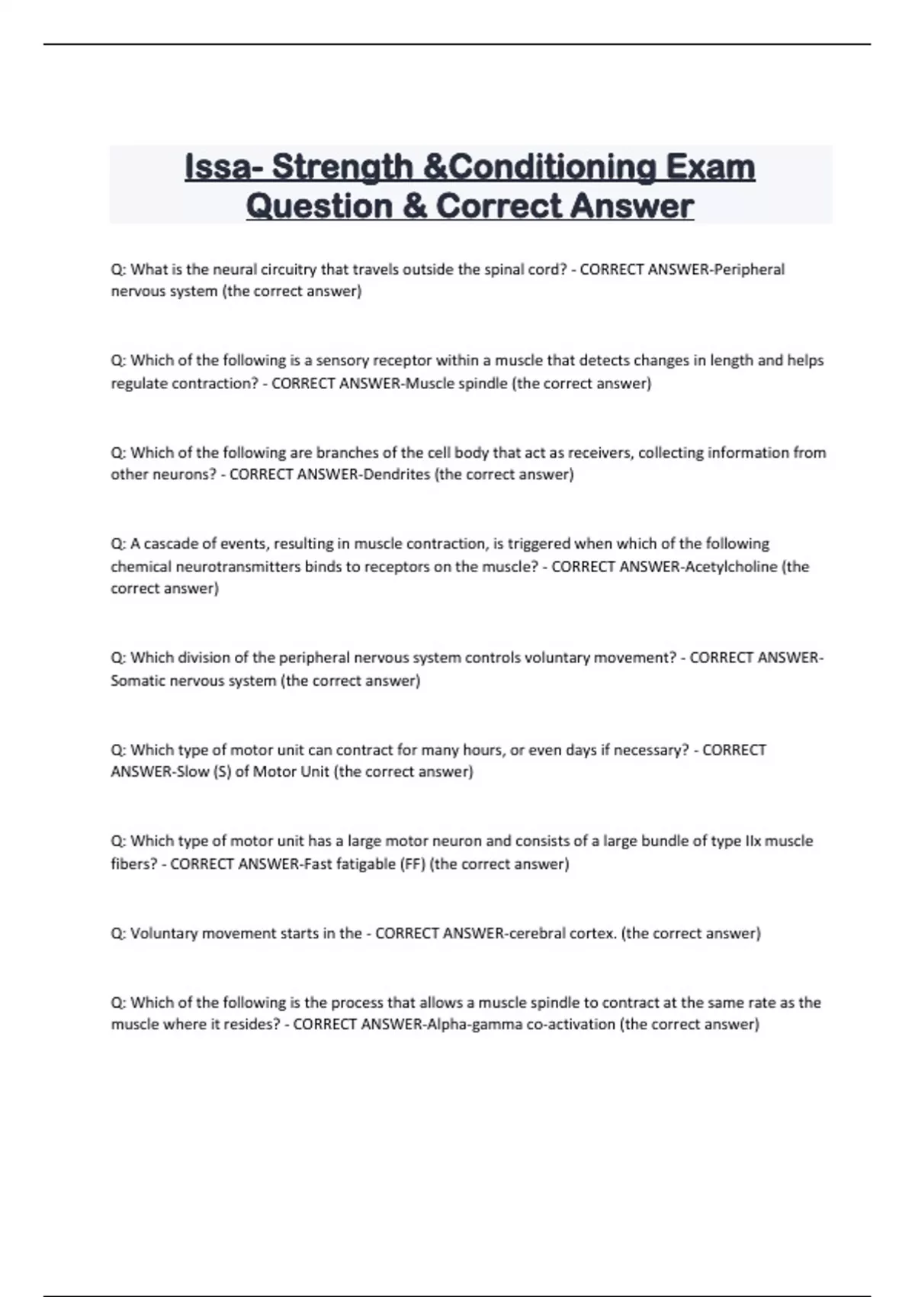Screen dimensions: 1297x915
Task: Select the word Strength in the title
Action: coord(342,167)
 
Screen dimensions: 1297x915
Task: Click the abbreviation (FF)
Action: coord(413,864)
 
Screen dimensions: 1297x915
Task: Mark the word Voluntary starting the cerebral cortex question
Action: coord(164,933)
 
